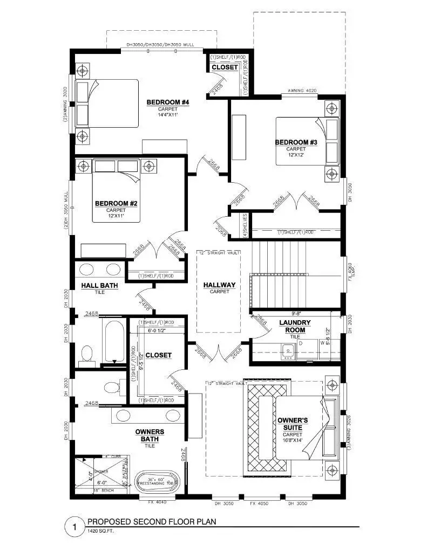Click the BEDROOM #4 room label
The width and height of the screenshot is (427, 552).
167,102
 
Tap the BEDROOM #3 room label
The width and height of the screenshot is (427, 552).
296,142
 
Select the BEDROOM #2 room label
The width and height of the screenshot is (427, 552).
116,203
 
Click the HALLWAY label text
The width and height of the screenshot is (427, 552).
219,285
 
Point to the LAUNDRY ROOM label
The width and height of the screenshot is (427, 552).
295,326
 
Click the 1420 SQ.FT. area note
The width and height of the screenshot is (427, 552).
100,532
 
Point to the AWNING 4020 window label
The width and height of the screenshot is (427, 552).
303,91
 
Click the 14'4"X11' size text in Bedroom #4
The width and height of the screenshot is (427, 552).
167,114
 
